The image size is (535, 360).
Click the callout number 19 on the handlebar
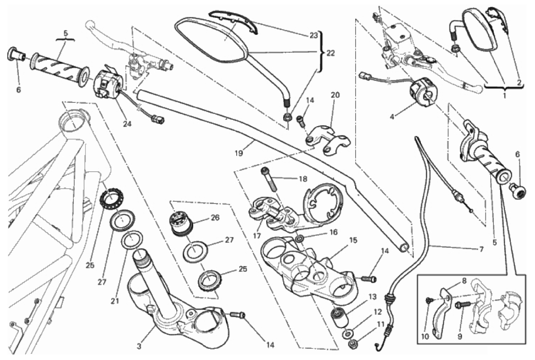238,153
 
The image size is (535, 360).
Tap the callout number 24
127,124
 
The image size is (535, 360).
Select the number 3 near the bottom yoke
139,347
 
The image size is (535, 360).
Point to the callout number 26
215,217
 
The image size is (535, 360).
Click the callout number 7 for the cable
481,250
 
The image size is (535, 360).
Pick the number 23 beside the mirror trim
314,35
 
